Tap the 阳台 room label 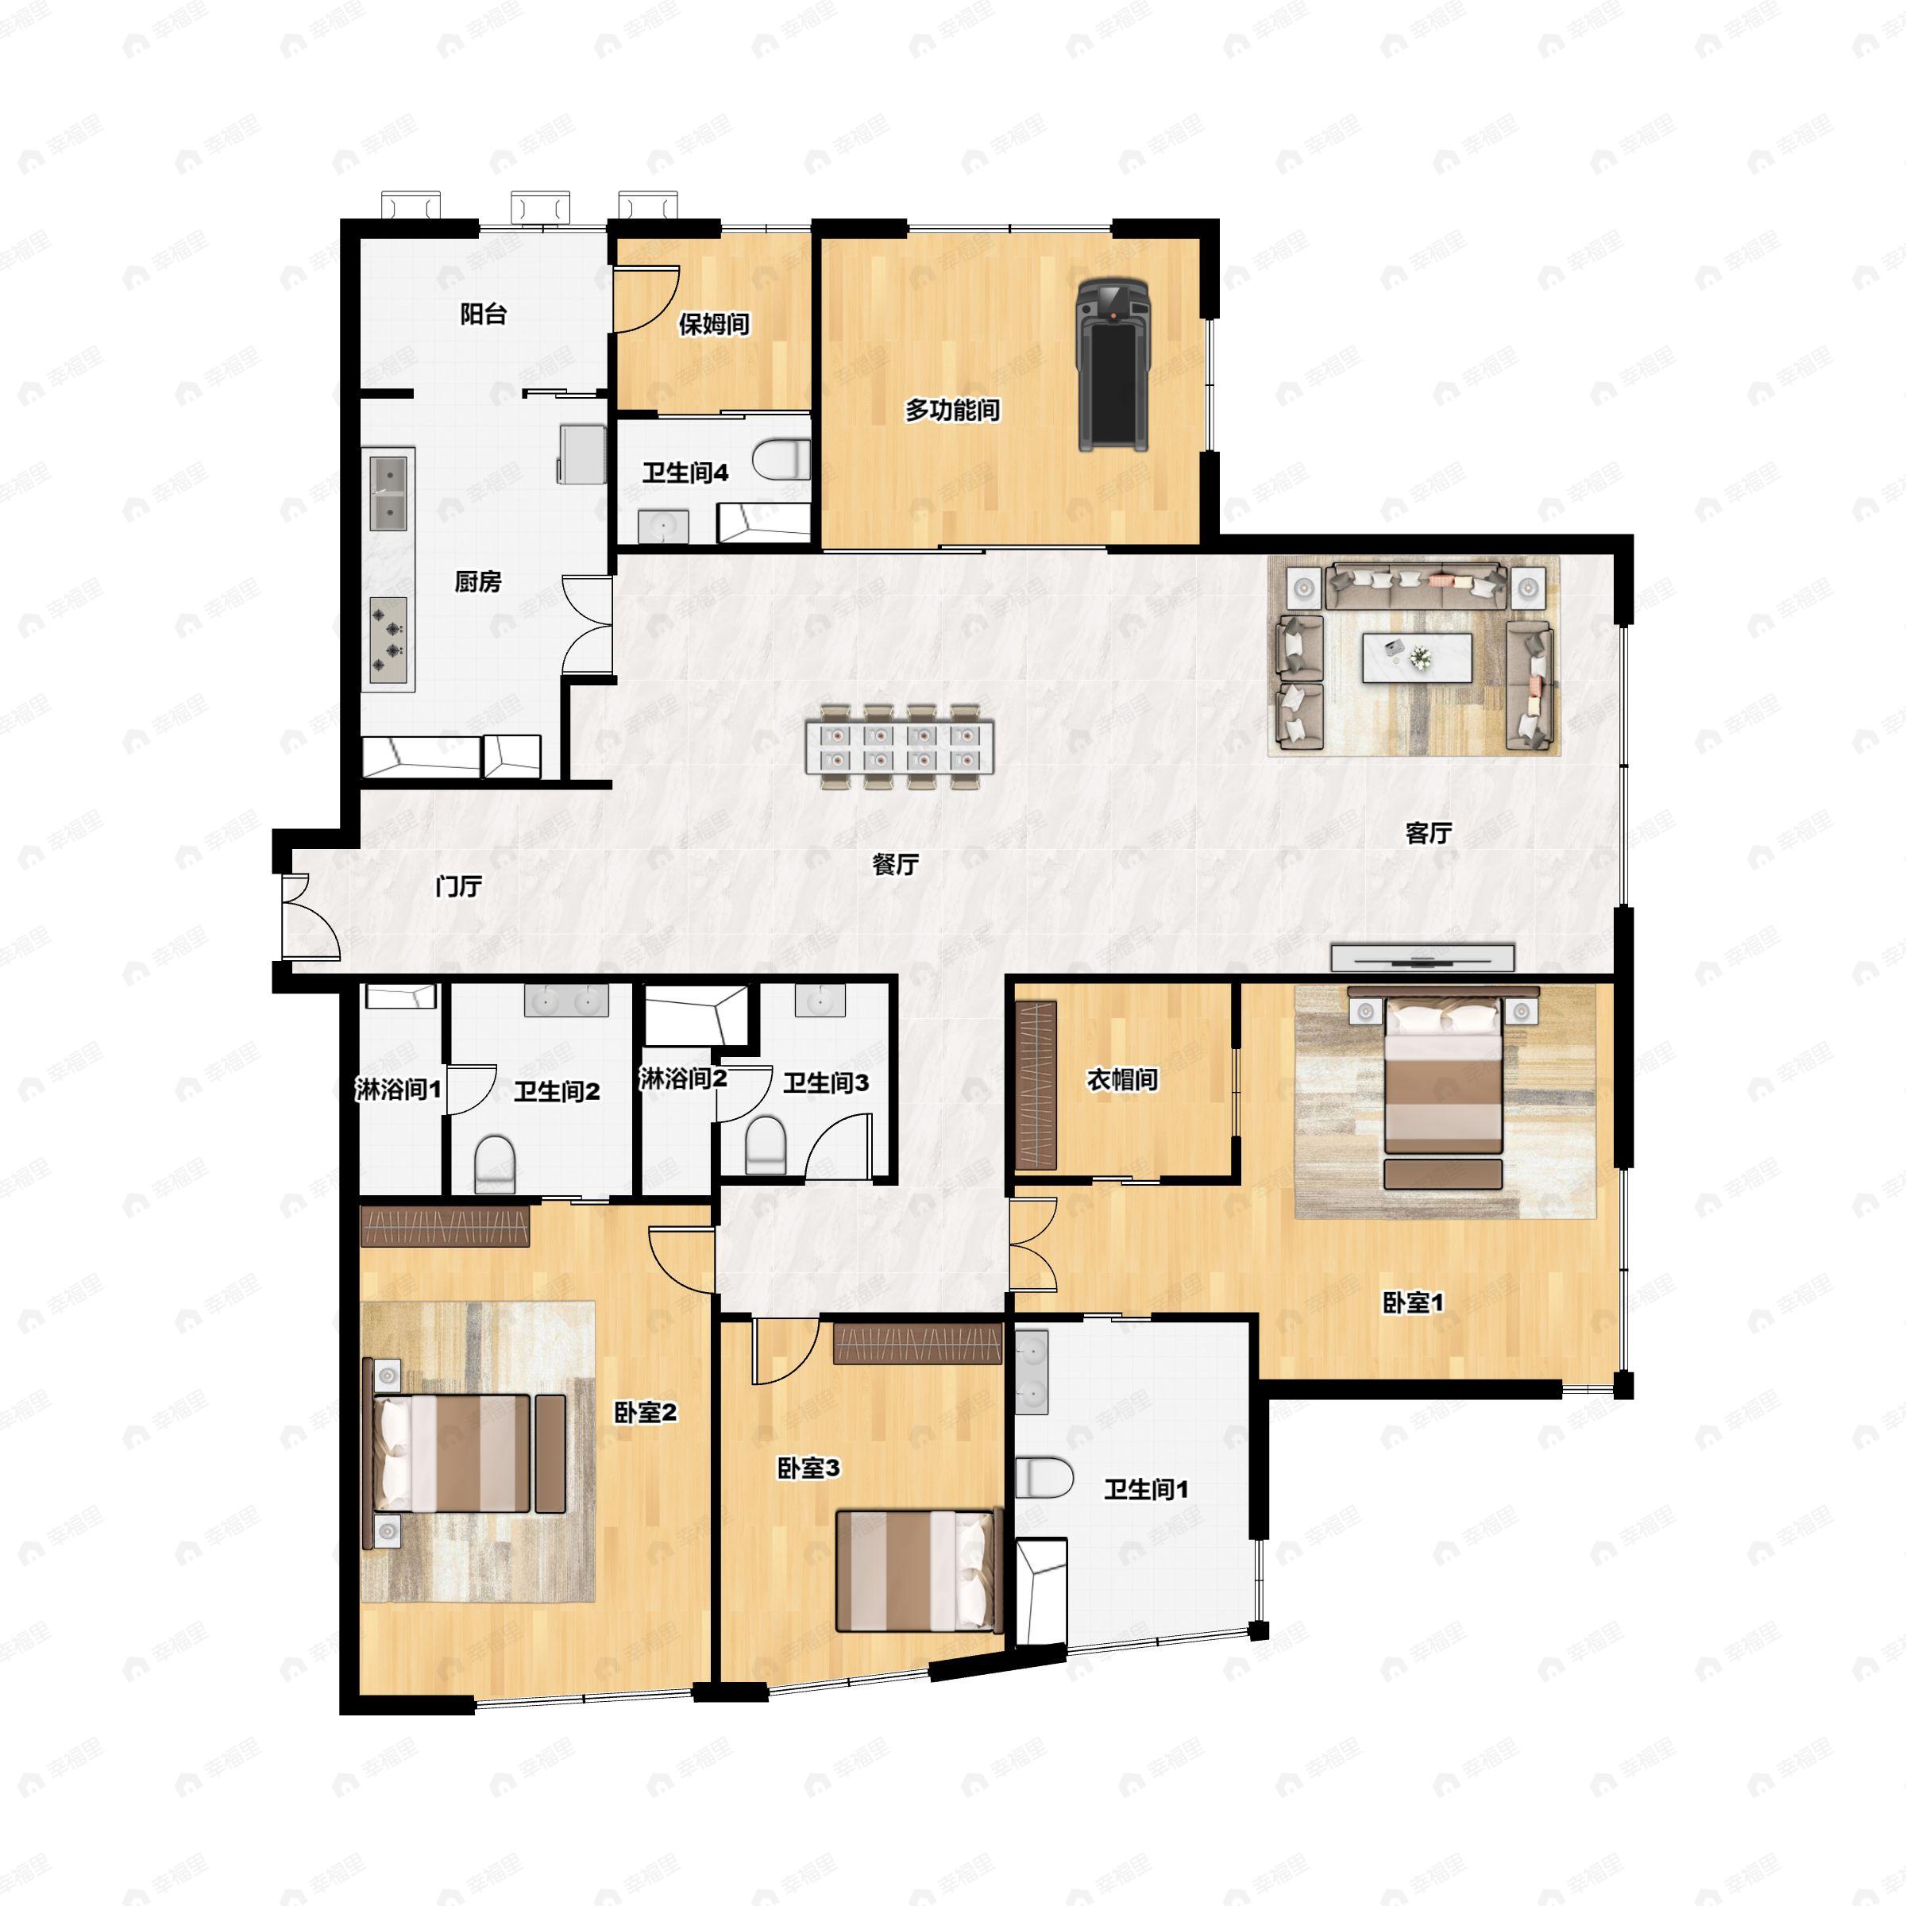click(484, 314)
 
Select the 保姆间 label click(713, 323)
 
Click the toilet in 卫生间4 click(781, 460)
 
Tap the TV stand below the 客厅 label click(1422, 957)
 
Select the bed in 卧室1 click(1443, 1075)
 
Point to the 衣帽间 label click(1121, 1079)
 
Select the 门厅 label click(459, 886)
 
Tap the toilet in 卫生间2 click(496, 1164)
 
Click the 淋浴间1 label click(398, 1089)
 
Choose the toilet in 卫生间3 click(765, 1145)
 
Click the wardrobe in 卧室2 click(445, 1226)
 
